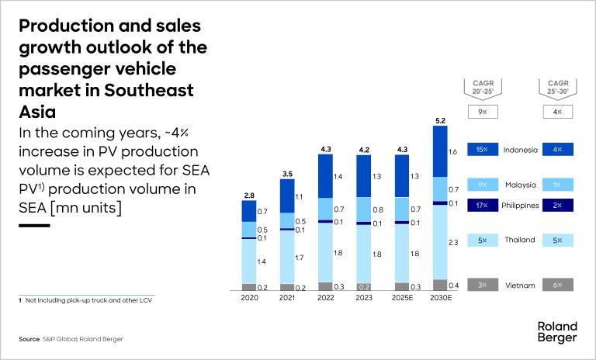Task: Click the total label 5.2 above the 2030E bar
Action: coord(440,120)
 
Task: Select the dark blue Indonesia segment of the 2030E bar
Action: coord(440,151)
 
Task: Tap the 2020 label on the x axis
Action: coord(249,297)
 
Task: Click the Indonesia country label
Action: coord(519,149)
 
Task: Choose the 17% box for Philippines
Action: coord(482,205)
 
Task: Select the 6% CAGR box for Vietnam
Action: coord(558,285)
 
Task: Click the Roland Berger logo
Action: coord(556,332)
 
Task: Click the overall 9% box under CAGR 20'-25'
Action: coord(482,112)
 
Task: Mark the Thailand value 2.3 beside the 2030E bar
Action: coord(454,243)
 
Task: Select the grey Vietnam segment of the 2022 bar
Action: coord(325,286)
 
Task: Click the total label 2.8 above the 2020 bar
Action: coord(249,195)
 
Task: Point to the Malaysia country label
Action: coord(519,185)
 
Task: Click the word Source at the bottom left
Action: coord(29,339)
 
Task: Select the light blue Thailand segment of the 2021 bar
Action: coord(287,256)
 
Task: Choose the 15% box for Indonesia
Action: coord(482,149)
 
